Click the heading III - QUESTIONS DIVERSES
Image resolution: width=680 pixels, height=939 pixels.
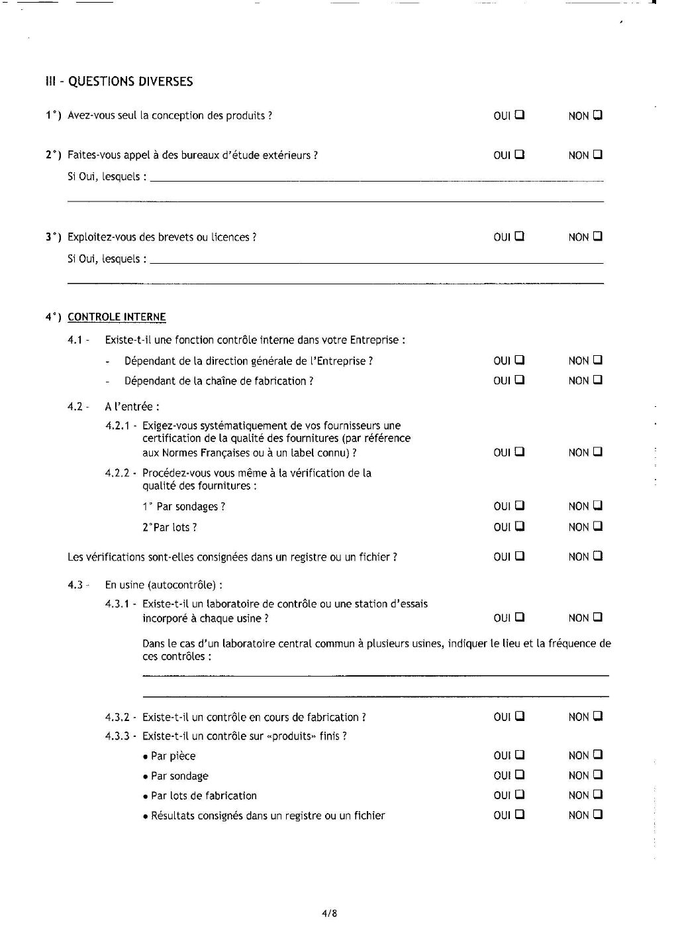119,82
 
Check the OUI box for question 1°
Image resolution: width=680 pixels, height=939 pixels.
520,115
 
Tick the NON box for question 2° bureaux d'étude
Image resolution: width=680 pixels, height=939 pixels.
597,154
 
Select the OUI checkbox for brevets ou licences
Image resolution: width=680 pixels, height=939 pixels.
520,236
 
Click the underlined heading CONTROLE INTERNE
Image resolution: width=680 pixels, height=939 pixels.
117,317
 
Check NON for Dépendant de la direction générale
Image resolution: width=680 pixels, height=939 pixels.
597,360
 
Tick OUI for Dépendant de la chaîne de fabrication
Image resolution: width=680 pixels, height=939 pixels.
520,380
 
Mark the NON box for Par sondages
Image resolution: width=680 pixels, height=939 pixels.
597,506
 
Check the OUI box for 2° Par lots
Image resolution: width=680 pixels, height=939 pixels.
520,526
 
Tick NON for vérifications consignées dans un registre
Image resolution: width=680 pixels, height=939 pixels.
597,556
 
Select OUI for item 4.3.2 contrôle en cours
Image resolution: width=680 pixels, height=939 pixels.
520,716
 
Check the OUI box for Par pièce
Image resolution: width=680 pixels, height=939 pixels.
520,754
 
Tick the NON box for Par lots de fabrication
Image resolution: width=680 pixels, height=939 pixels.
597,794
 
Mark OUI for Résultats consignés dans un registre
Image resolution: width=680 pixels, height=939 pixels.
520,814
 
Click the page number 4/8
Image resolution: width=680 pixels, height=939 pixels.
330,913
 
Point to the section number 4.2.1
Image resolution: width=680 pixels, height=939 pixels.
118,426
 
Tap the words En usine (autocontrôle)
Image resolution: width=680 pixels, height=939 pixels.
163,585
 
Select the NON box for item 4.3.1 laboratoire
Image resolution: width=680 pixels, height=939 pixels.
597,617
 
